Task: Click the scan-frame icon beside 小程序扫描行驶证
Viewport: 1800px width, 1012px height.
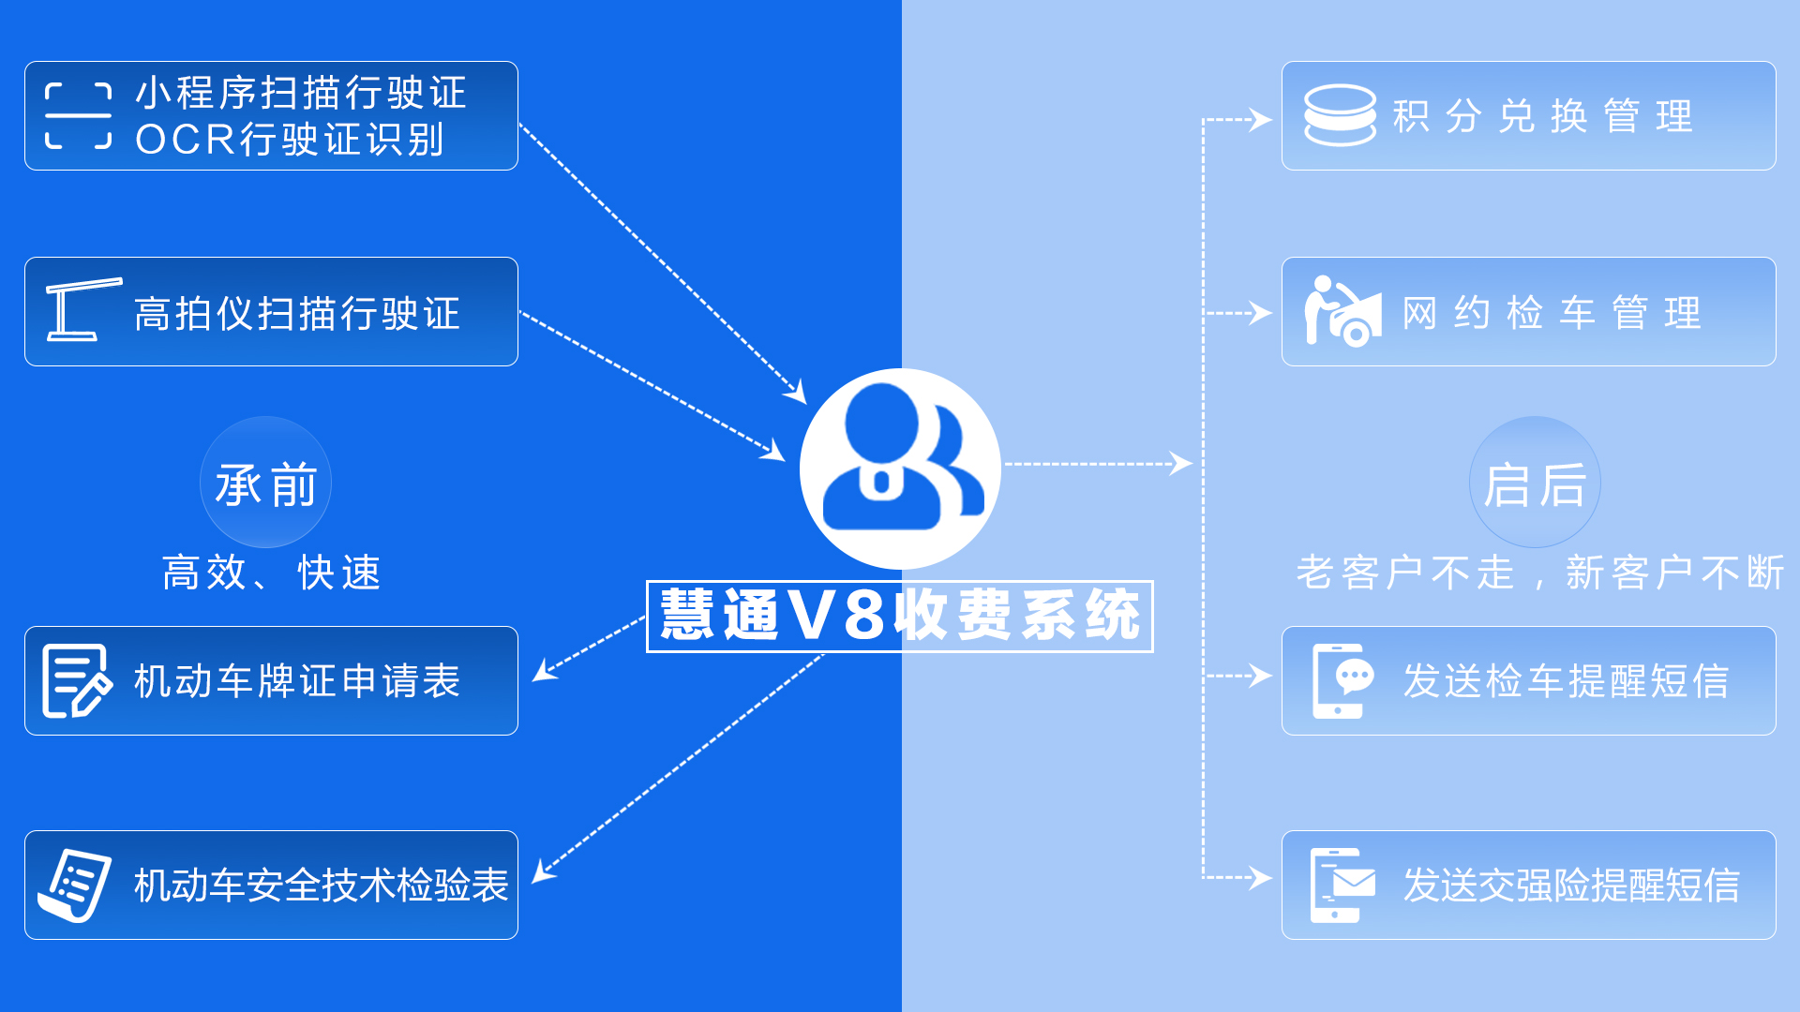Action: click(x=79, y=116)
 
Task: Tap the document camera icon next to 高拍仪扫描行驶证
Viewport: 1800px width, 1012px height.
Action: click(x=82, y=310)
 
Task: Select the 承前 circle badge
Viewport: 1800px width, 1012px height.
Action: click(x=265, y=483)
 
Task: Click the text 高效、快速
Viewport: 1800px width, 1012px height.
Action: click(x=272, y=573)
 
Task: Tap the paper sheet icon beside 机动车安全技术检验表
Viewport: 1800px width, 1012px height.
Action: click(x=75, y=885)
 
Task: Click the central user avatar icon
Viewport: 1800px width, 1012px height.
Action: click(x=900, y=468)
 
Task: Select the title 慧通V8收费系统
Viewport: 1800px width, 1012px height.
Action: click(x=900, y=617)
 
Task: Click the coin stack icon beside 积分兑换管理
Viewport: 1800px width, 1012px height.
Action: click(x=1340, y=115)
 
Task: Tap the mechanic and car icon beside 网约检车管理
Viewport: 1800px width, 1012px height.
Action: click(x=1343, y=312)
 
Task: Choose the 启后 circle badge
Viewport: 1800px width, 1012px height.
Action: click(x=1535, y=483)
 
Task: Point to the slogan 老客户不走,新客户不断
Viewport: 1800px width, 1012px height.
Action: click(x=1539, y=573)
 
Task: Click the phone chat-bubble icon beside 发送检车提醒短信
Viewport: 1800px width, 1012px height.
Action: click(x=1342, y=681)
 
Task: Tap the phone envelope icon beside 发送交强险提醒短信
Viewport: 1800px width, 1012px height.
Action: click(x=1342, y=885)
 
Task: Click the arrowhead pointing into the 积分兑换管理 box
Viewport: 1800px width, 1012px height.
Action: click(x=1262, y=120)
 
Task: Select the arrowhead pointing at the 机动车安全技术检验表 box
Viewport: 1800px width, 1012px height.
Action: click(x=543, y=872)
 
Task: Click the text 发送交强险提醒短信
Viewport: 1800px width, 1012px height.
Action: click(x=1571, y=885)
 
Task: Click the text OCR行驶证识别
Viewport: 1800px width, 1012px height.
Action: click(x=290, y=141)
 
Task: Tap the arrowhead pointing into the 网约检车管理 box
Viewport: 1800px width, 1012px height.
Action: click(x=1262, y=313)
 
